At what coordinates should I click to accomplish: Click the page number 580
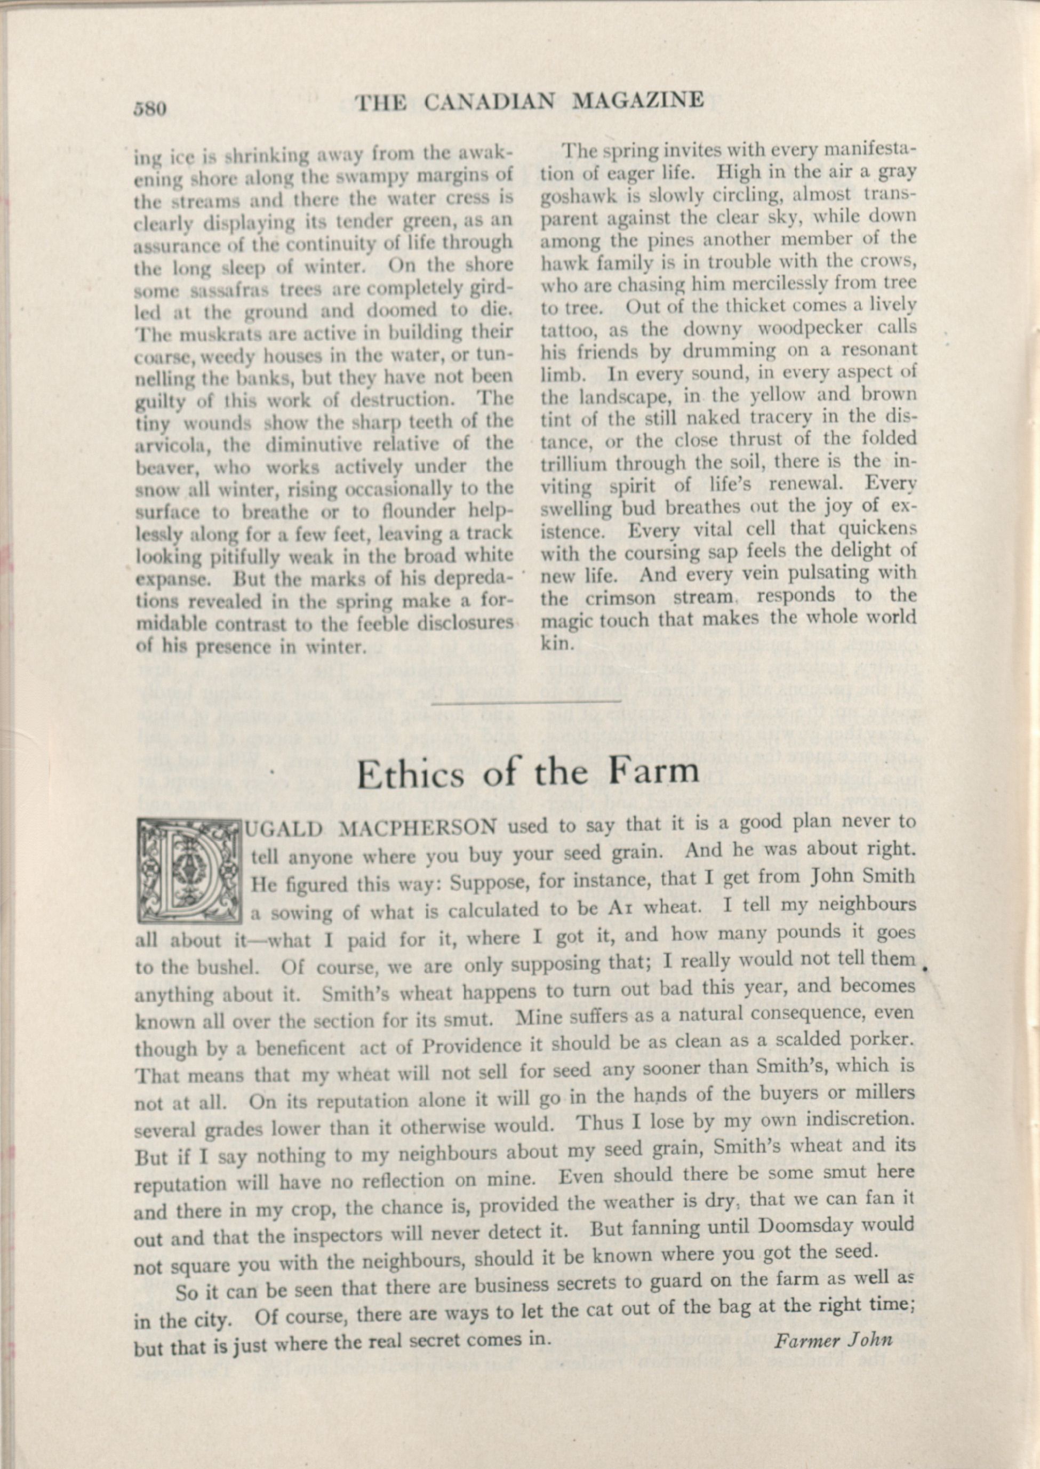(150, 109)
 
